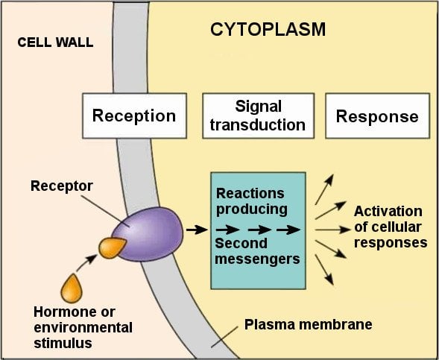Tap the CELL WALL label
click(55, 42)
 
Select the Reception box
click(133, 116)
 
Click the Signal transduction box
click(258, 116)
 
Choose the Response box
click(376, 116)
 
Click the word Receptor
click(61, 184)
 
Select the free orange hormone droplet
click(72, 288)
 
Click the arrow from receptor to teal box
click(196, 230)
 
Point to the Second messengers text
click(256, 251)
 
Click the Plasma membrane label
click(309, 325)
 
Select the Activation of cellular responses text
click(389, 227)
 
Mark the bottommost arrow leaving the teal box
click(325, 269)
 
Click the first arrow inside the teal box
click(226, 230)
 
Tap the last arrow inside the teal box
click(288, 230)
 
